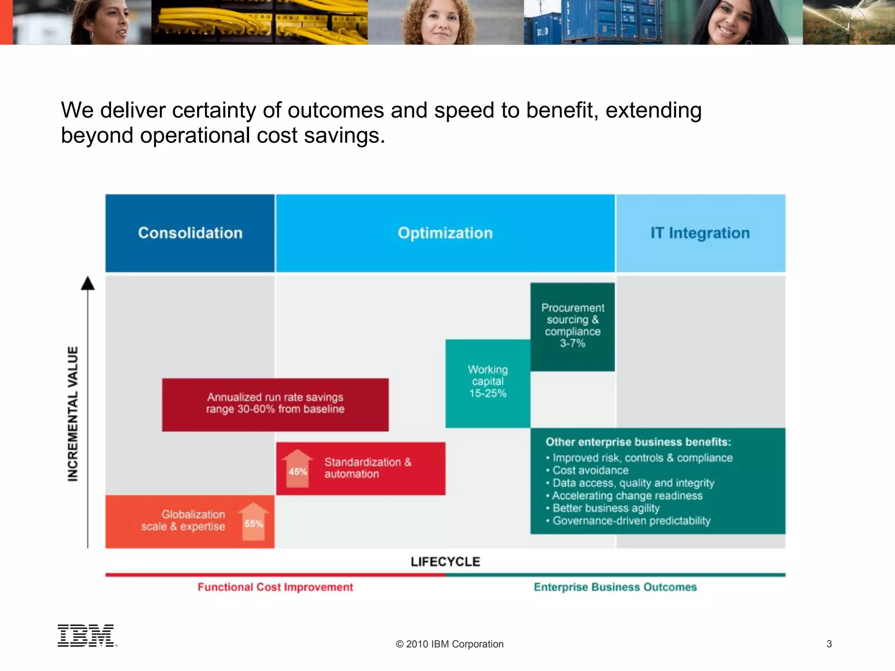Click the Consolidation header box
pos(190,233)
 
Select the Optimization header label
pos(445,233)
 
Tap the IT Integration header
pos(700,233)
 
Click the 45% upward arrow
pos(298,468)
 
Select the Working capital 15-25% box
pos(488,383)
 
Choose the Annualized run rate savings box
pos(275,404)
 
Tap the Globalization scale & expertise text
pos(184,520)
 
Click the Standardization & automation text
pos(368,468)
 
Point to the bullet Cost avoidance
pos(590,470)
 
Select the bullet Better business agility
pos(606,508)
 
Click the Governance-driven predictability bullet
pos(631,521)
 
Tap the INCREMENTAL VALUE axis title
pos(73,414)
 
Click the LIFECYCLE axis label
pos(445,562)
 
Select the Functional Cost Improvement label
pos(275,587)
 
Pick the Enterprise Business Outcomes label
pos(615,587)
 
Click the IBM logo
pos(87,636)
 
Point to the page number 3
pos(829,644)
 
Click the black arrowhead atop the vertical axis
pos(88,284)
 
